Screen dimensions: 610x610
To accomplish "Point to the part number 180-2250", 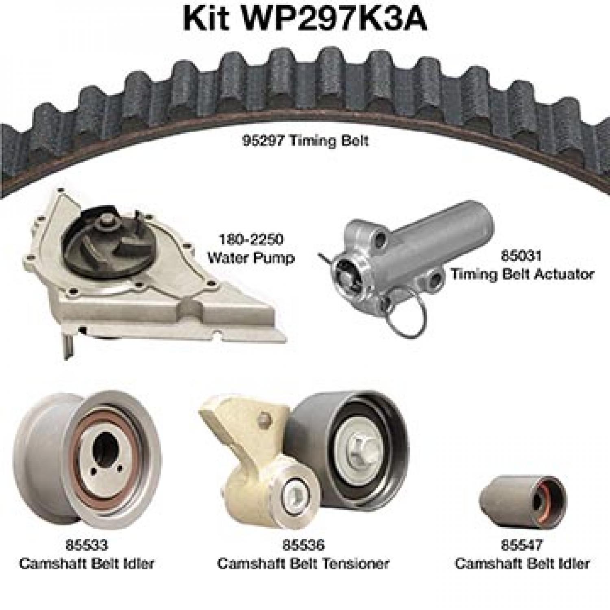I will (x=251, y=239).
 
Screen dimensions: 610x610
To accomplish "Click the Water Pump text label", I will (x=251, y=257).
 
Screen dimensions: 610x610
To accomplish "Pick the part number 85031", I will (x=521, y=256).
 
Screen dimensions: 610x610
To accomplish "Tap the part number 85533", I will (x=86, y=545).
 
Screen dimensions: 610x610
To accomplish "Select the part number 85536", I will (x=303, y=545).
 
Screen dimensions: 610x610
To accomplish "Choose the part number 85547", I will (x=522, y=545).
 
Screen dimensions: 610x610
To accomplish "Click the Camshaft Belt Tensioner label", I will (x=303, y=563).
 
